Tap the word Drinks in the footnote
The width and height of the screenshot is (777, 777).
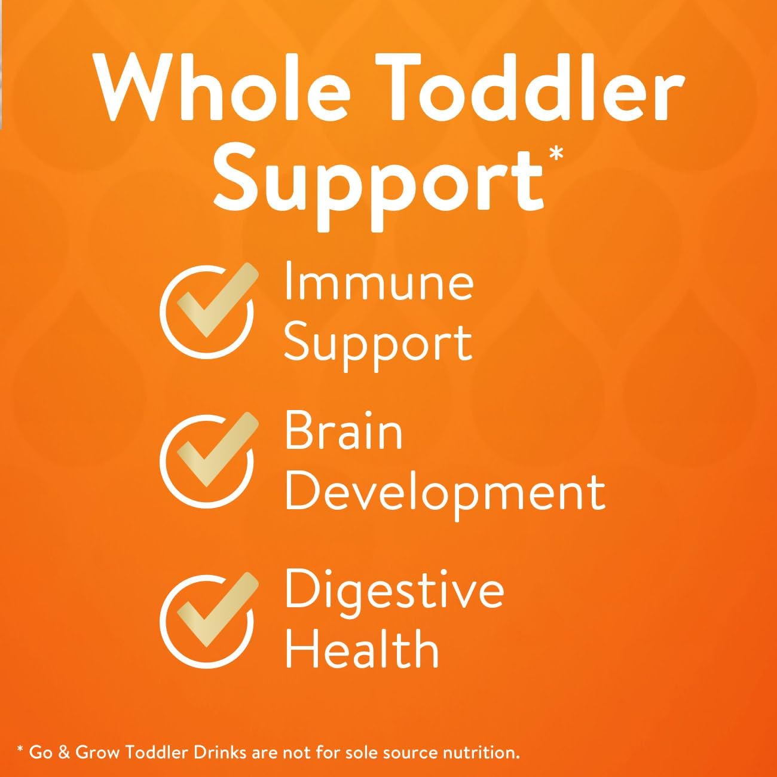click(x=195, y=751)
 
